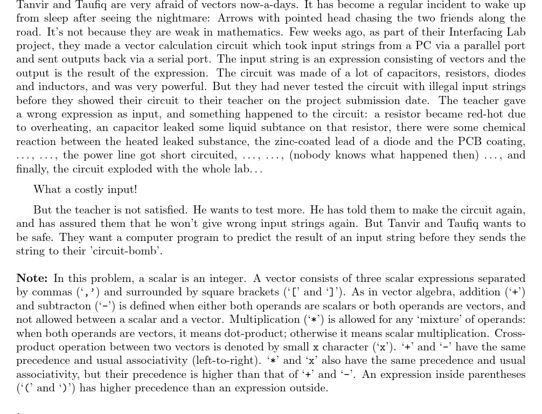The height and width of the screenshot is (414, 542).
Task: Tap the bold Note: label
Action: [32, 278]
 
